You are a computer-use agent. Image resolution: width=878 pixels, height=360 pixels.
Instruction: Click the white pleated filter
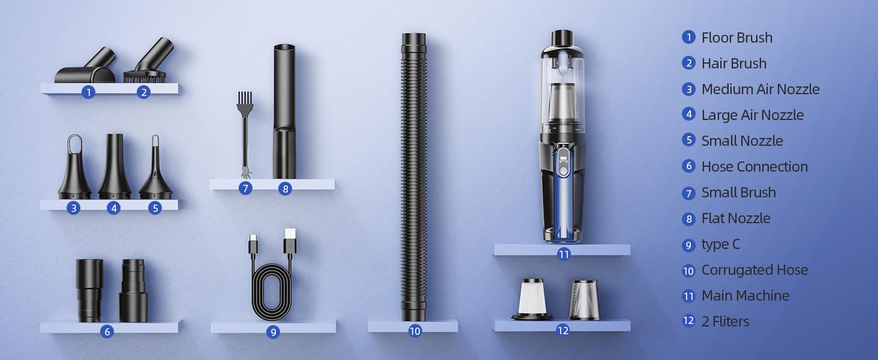[531, 298]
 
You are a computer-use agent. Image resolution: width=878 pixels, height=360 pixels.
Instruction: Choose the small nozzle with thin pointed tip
[155, 171]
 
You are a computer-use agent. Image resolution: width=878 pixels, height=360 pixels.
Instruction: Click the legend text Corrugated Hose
[754, 270]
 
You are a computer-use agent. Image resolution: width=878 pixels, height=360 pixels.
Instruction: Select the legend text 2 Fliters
[725, 322]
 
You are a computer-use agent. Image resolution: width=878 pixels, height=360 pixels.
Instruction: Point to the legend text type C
[721, 244]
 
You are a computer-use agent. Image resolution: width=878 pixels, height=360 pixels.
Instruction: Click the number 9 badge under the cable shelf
[273, 331]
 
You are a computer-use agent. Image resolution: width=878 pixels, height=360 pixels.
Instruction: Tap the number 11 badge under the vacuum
[563, 254]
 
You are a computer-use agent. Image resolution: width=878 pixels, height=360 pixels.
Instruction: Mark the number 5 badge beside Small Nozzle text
[688, 141]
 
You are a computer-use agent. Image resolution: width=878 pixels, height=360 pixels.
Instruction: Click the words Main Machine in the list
[745, 296]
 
